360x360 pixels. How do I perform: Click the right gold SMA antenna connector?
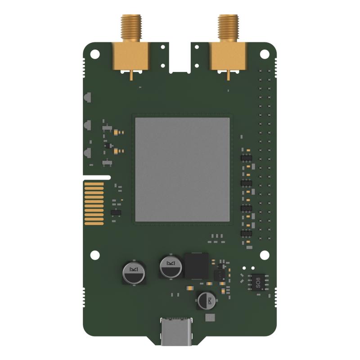tap(227, 54)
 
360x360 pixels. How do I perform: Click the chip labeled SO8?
tap(258, 281)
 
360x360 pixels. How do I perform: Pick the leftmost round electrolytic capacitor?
tap(134, 273)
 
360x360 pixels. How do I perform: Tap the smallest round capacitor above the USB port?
tap(207, 301)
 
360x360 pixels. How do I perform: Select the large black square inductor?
tap(197, 266)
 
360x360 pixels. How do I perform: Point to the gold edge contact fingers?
tap(94, 202)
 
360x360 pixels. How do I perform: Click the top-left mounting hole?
tap(94, 54)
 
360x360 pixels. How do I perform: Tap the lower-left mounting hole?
tap(94, 255)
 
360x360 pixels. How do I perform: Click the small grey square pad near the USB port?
tap(209, 318)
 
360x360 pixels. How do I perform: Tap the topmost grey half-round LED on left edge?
tap(88, 97)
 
